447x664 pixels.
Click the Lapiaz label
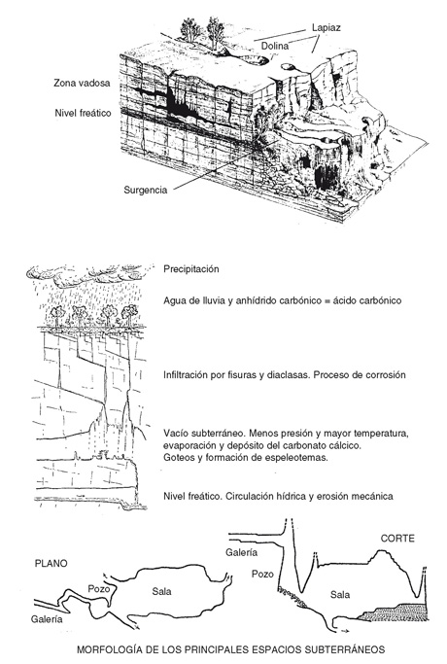tap(326, 28)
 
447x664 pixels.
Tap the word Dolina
tap(275, 46)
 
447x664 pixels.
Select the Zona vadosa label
tap(82, 83)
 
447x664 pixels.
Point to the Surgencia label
tap(145, 190)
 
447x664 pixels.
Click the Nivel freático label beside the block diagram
tap(83, 113)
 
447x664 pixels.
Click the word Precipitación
tap(191, 269)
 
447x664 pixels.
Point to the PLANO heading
tap(51, 564)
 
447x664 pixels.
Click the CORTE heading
tap(397, 539)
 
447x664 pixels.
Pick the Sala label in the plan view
tap(161, 591)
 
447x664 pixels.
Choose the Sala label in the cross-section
tap(340, 595)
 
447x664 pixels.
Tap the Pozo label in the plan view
tap(99, 588)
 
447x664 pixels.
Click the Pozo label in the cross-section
tap(262, 574)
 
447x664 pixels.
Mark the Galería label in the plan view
tap(47, 619)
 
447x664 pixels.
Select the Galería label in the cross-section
tap(241, 552)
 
